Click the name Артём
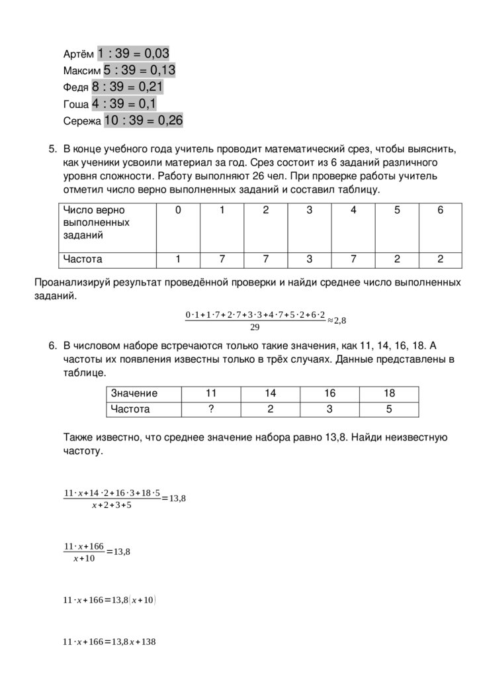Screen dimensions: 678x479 pos(79,54)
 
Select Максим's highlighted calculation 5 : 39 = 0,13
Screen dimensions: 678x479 pos(139,70)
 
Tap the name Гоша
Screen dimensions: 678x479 pos(75,105)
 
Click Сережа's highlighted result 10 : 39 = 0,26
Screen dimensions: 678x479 pos(143,121)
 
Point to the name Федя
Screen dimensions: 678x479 pos(75,88)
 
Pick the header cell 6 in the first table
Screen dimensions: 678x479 pos(441,210)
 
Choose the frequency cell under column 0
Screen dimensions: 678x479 pos(178,260)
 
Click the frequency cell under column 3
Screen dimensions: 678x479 pos(309,260)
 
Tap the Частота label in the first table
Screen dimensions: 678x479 pos(83,260)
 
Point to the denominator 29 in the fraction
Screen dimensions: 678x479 pos(255,327)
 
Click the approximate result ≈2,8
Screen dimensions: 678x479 pos(337,320)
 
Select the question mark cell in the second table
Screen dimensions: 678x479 pos(210,409)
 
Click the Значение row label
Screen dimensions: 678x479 pos(134,393)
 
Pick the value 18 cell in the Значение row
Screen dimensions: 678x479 pos(389,393)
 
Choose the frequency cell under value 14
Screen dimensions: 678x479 pos(270,409)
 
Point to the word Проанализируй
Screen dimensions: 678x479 pos(69,283)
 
